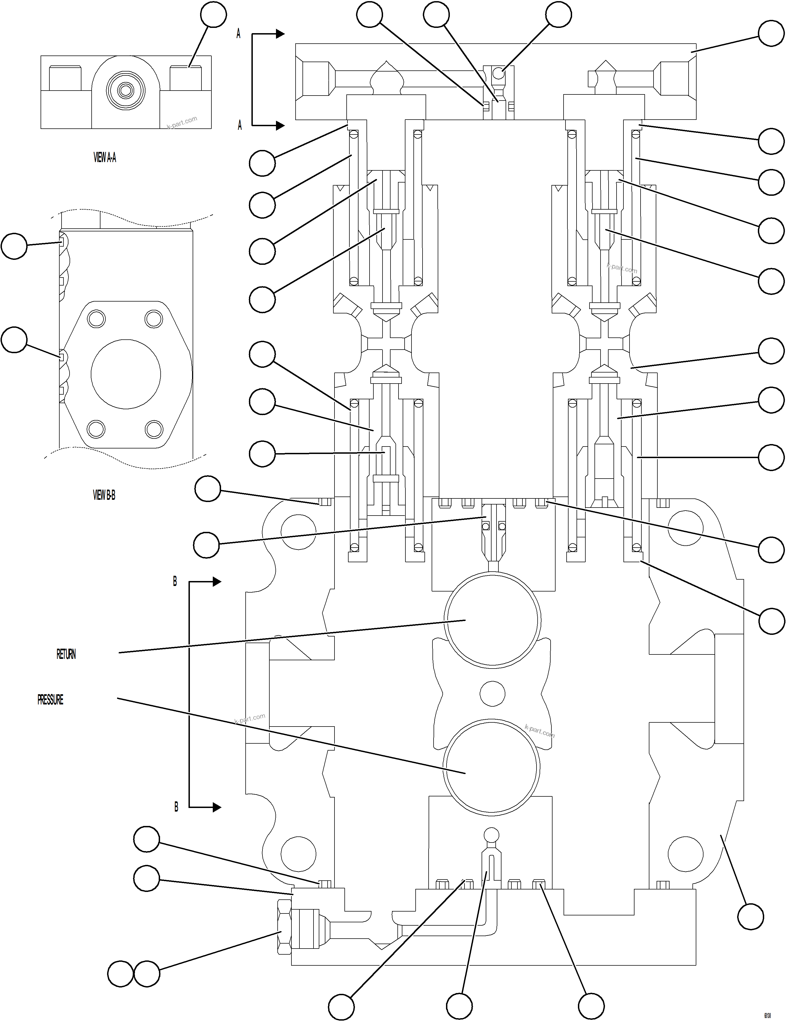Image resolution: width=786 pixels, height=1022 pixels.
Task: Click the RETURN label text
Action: pyautogui.click(x=66, y=654)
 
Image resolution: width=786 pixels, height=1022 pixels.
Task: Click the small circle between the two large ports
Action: pyautogui.click(x=492, y=693)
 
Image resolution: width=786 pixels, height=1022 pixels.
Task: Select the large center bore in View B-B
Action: pyautogui.click(x=126, y=374)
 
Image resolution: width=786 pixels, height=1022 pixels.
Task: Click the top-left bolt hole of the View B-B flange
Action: pyautogui.click(x=96, y=319)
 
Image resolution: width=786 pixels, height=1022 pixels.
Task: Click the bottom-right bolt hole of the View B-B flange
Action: pyautogui.click(x=153, y=429)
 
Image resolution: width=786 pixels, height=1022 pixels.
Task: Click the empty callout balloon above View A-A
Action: pyautogui.click(x=214, y=15)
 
